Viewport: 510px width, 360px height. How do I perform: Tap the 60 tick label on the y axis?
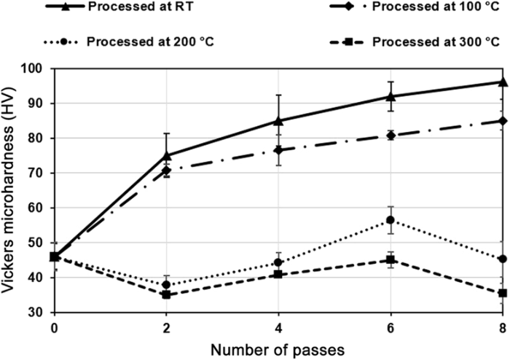click(x=36, y=208)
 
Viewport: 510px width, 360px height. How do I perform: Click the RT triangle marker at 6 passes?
click(x=391, y=96)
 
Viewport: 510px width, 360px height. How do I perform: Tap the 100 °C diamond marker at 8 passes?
click(x=502, y=121)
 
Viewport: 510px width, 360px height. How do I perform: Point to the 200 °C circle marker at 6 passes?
click(x=391, y=220)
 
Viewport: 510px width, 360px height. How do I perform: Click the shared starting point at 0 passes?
click(x=55, y=257)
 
